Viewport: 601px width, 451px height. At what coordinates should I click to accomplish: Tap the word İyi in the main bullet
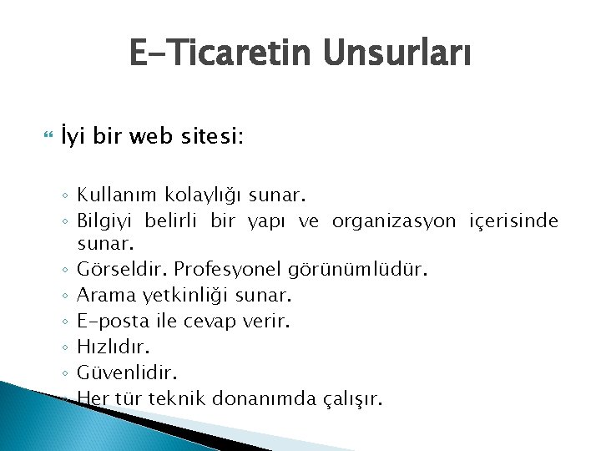(72, 135)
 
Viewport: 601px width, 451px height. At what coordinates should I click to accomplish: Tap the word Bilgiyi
(107, 221)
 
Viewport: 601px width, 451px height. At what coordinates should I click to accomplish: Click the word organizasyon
(394, 221)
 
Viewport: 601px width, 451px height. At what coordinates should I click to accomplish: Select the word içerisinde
(514, 221)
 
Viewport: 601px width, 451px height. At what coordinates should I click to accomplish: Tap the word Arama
(104, 295)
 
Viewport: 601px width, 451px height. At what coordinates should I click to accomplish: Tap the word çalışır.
(354, 398)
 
